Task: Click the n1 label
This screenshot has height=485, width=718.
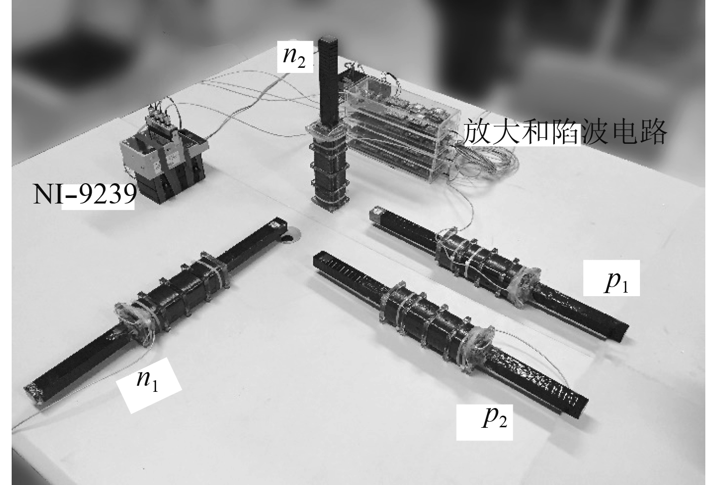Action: (x=147, y=382)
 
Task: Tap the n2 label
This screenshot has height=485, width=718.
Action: (x=294, y=57)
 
